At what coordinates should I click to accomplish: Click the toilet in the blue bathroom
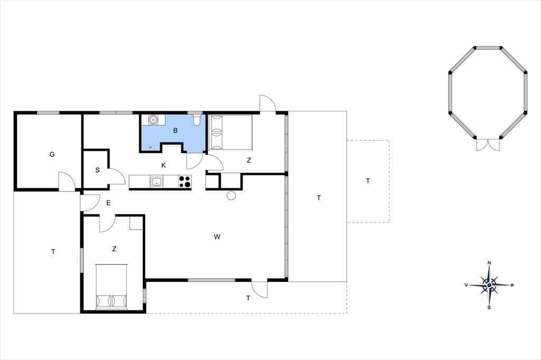pyautogui.click(x=197, y=120)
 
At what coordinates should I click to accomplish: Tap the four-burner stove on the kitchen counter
pyautogui.click(x=185, y=182)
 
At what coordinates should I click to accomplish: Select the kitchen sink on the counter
pyautogui.click(x=156, y=182)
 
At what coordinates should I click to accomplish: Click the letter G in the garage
pyautogui.click(x=52, y=154)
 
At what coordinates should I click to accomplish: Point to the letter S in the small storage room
pyautogui.click(x=98, y=170)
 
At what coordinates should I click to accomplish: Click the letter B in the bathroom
pyautogui.click(x=175, y=130)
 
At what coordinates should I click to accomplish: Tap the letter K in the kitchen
pyautogui.click(x=164, y=165)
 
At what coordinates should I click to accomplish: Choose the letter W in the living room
pyautogui.click(x=217, y=236)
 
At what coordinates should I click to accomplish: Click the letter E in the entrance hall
pyautogui.click(x=108, y=203)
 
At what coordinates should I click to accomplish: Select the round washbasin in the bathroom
pyautogui.click(x=153, y=120)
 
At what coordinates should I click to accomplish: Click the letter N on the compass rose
pyautogui.click(x=489, y=263)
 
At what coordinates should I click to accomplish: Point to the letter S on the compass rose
pyautogui.click(x=489, y=307)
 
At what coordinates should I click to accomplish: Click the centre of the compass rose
pyautogui.click(x=489, y=285)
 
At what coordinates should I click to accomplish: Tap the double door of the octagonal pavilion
pyautogui.click(x=488, y=144)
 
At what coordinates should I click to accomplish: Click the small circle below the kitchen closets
pyautogui.click(x=231, y=195)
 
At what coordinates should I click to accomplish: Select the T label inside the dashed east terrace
pyautogui.click(x=368, y=181)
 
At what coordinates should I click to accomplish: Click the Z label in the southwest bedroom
pyautogui.click(x=114, y=249)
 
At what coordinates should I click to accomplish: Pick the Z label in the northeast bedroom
pyautogui.click(x=249, y=160)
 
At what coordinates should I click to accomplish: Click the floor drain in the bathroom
pyautogui.click(x=151, y=147)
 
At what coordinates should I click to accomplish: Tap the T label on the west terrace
pyautogui.click(x=53, y=252)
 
